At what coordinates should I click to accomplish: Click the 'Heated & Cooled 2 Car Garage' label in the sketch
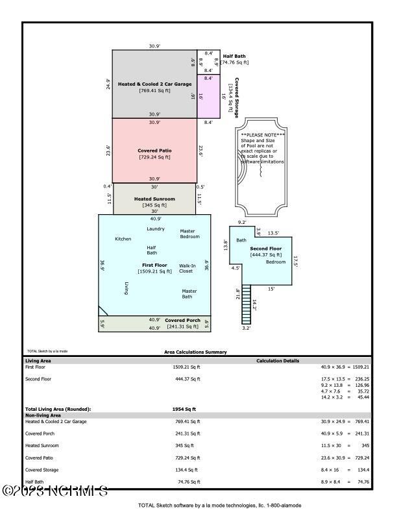point(154,84)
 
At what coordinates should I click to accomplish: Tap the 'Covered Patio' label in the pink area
point(154,151)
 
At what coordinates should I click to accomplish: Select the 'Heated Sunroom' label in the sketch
point(154,199)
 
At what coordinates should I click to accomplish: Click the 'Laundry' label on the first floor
point(156,229)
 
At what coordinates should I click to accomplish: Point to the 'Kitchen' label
point(123,239)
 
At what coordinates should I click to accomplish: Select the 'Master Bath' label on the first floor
point(189,294)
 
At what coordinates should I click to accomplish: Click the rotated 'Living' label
point(125,288)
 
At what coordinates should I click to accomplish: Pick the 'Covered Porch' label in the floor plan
point(182,321)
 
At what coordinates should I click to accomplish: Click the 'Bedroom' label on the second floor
point(276,262)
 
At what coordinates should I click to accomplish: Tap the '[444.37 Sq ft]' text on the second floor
point(267,254)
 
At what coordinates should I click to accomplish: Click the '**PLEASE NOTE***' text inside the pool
point(263,135)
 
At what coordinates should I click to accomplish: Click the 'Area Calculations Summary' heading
point(195,352)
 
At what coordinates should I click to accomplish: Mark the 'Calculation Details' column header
point(278,360)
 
